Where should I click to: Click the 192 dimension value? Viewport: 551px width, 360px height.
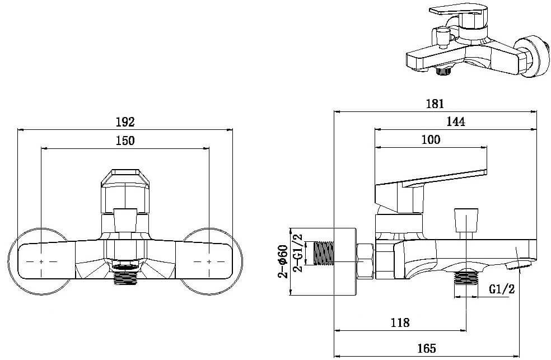(x=125, y=122)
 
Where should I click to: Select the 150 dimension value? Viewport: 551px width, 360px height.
(x=125, y=141)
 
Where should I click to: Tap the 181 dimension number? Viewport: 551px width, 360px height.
(x=435, y=104)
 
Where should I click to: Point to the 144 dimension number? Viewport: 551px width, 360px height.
(x=456, y=121)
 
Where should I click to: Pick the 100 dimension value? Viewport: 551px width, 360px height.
(x=431, y=140)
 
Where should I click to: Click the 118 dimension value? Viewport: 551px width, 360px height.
(x=400, y=322)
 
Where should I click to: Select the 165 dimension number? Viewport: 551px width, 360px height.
(x=427, y=348)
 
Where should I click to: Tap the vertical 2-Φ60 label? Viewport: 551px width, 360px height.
(x=283, y=261)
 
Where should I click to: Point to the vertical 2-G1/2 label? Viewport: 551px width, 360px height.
(x=298, y=253)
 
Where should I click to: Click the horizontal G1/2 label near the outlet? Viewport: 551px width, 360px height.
(x=502, y=289)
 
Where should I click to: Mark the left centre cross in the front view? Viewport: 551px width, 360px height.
(x=41, y=261)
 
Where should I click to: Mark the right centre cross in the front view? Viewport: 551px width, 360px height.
(x=209, y=261)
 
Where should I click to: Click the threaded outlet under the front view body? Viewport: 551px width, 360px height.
(x=125, y=274)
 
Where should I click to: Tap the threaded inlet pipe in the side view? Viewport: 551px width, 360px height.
(x=323, y=253)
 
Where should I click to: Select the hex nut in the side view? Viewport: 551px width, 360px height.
(x=366, y=261)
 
